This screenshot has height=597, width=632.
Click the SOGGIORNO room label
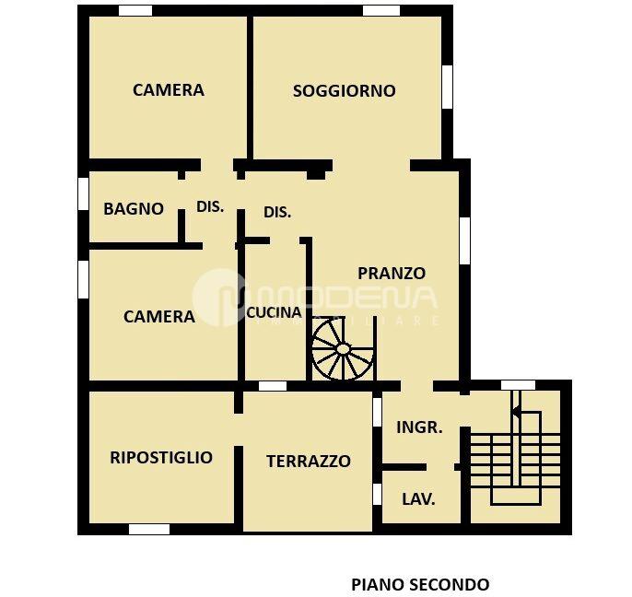click(344, 90)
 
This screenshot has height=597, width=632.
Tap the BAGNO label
click(134, 208)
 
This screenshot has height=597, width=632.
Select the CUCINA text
click(274, 312)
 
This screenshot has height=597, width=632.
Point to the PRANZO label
click(392, 273)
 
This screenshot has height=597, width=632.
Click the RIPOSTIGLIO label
click(161, 457)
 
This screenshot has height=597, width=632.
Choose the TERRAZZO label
click(309, 462)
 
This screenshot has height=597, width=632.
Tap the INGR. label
click(419, 427)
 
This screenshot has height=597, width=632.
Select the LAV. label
click(418, 499)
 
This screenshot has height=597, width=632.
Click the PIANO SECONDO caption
click(420, 584)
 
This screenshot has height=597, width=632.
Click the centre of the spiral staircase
click(343, 349)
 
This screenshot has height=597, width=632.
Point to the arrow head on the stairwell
click(515, 412)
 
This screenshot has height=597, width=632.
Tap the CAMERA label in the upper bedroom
click(169, 90)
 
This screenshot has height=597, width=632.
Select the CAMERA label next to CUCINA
click(159, 316)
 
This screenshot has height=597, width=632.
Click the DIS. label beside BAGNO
click(210, 207)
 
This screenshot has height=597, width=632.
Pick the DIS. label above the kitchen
click(277, 212)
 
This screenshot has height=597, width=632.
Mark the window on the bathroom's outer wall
click(83, 195)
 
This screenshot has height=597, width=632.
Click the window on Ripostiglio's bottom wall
click(149, 530)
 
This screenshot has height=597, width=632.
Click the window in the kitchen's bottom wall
click(272, 386)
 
